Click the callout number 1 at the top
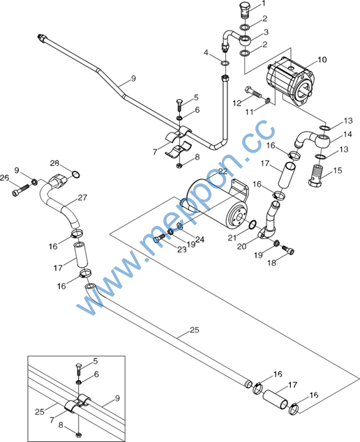pos(264,3)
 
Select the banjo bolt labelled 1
pos(246,10)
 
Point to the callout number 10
pos(322,60)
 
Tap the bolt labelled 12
pos(254,91)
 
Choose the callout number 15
pos(338,171)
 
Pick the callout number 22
pos(223,171)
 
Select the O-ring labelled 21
pos(253,224)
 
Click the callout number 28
pos(54,163)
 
